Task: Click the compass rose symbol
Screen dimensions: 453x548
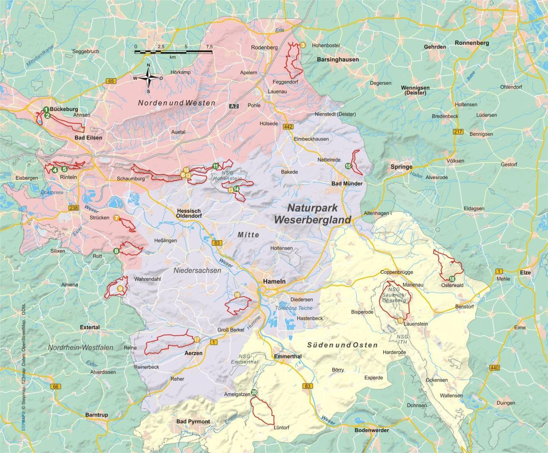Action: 149,79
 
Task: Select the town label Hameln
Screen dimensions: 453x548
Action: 274,281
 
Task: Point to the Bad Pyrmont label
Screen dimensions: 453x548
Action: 193,422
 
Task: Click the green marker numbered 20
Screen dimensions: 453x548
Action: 254,392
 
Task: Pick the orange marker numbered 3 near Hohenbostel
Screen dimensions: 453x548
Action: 303,45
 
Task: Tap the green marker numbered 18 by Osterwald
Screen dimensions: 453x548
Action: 451,279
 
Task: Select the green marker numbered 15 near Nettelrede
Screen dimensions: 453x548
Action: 348,166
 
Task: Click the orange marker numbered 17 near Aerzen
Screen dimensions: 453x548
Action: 197,340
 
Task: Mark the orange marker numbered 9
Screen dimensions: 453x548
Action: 120,288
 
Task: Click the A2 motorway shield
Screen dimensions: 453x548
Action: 234,106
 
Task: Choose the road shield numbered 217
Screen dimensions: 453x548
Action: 458,132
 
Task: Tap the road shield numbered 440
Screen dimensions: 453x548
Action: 495,368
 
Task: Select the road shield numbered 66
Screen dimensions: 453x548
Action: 55,387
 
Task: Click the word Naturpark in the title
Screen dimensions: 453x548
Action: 313,207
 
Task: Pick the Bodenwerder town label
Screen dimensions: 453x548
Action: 372,430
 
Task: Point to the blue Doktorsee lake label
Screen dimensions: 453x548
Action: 52,193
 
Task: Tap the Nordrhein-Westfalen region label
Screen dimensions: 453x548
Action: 81,348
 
